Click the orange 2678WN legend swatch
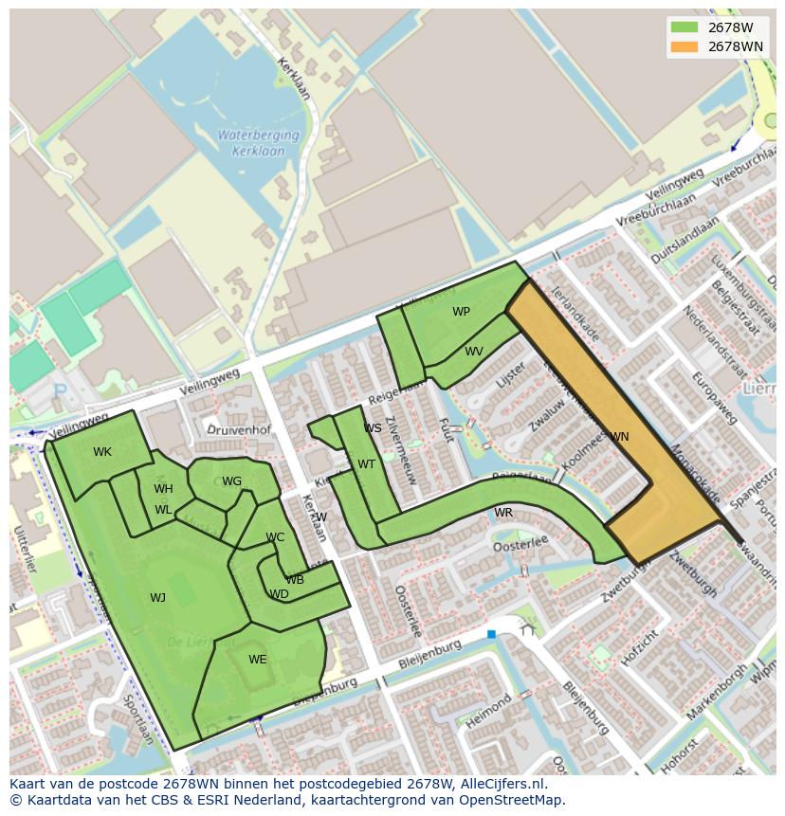pyautogui.click(x=684, y=46)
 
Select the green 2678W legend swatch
pyautogui.click(x=684, y=27)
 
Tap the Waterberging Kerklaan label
pyautogui.click(x=258, y=142)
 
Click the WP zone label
pyautogui.click(x=461, y=312)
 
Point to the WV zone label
pyautogui.click(x=474, y=352)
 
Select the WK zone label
pyautogui.click(x=102, y=452)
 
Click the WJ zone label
pyautogui.click(x=157, y=598)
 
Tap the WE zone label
pyautogui.click(x=258, y=660)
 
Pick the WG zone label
pyautogui.click(x=232, y=481)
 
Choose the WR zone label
pyautogui.click(x=503, y=513)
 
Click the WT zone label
pyautogui.click(x=366, y=464)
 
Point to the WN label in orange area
pyautogui.click(x=619, y=437)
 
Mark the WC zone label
pyautogui.click(x=275, y=537)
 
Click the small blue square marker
pyautogui.click(x=491, y=633)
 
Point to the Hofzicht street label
pyautogui.click(x=638, y=645)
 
